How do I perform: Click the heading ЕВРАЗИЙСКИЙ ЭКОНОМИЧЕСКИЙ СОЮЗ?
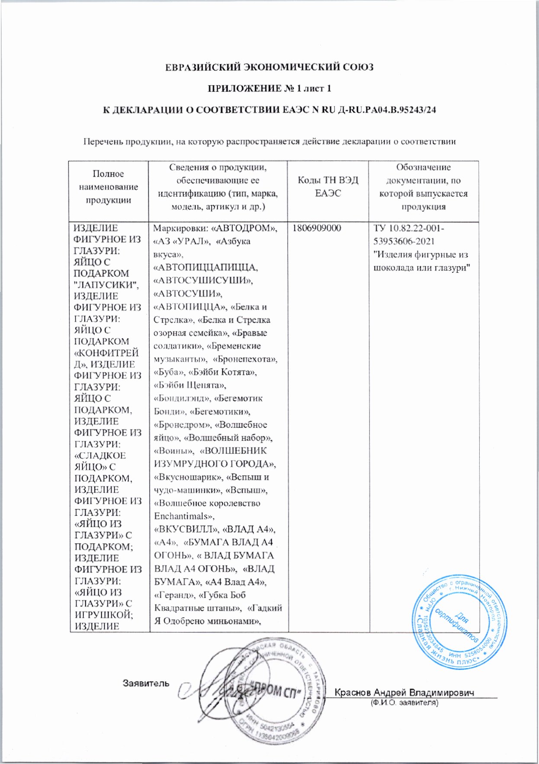tap(269, 68)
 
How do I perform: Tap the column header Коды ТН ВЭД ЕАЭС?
tap(328, 187)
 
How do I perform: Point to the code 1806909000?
tap(317, 228)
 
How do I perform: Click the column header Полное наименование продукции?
tap(108, 187)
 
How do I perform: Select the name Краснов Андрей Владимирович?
tap(404, 692)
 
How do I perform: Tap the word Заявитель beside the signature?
tap(146, 683)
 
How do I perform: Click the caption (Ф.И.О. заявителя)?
tap(404, 703)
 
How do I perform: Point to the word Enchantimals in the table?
tap(181, 516)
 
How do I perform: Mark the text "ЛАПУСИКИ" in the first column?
tap(106, 285)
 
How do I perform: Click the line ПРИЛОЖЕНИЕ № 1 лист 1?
tap(269, 89)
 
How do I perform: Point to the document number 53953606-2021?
tap(404, 241)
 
